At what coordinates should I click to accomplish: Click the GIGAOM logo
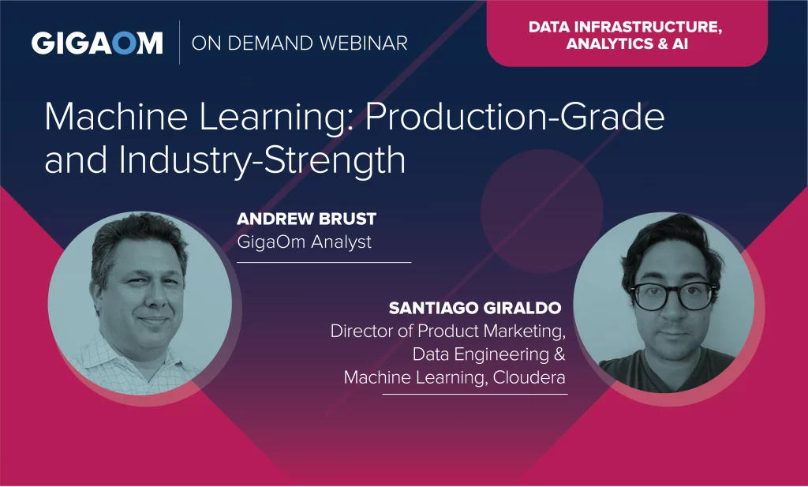pyautogui.click(x=97, y=43)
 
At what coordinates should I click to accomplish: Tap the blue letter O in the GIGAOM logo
pyautogui.click(x=125, y=43)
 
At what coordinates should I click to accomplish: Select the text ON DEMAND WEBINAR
pyautogui.click(x=299, y=43)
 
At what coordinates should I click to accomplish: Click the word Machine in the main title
pyautogui.click(x=116, y=117)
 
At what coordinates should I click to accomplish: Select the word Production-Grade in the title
pyautogui.click(x=514, y=117)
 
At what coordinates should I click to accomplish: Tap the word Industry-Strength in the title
pyautogui.click(x=262, y=161)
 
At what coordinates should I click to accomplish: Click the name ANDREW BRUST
pyautogui.click(x=307, y=219)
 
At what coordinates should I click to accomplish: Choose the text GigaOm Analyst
pyautogui.click(x=304, y=242)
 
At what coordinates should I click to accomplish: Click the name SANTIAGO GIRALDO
pyautogui.click(x=474, y=308)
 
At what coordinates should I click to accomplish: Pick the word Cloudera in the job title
pyautogui.click(x=529, y=378)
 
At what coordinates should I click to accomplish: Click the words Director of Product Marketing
pyautogui.click(x=448, y=332)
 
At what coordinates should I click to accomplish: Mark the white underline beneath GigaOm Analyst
pyautogui.click(x=324, y=262)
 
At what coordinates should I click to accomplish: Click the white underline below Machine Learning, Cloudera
pyautogui.click(x=474, y=394)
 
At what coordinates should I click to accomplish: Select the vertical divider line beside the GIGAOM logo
pyautogui.click(x=179, y=43)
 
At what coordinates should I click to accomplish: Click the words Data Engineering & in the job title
pyautogui.click(x=488, y=354)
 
